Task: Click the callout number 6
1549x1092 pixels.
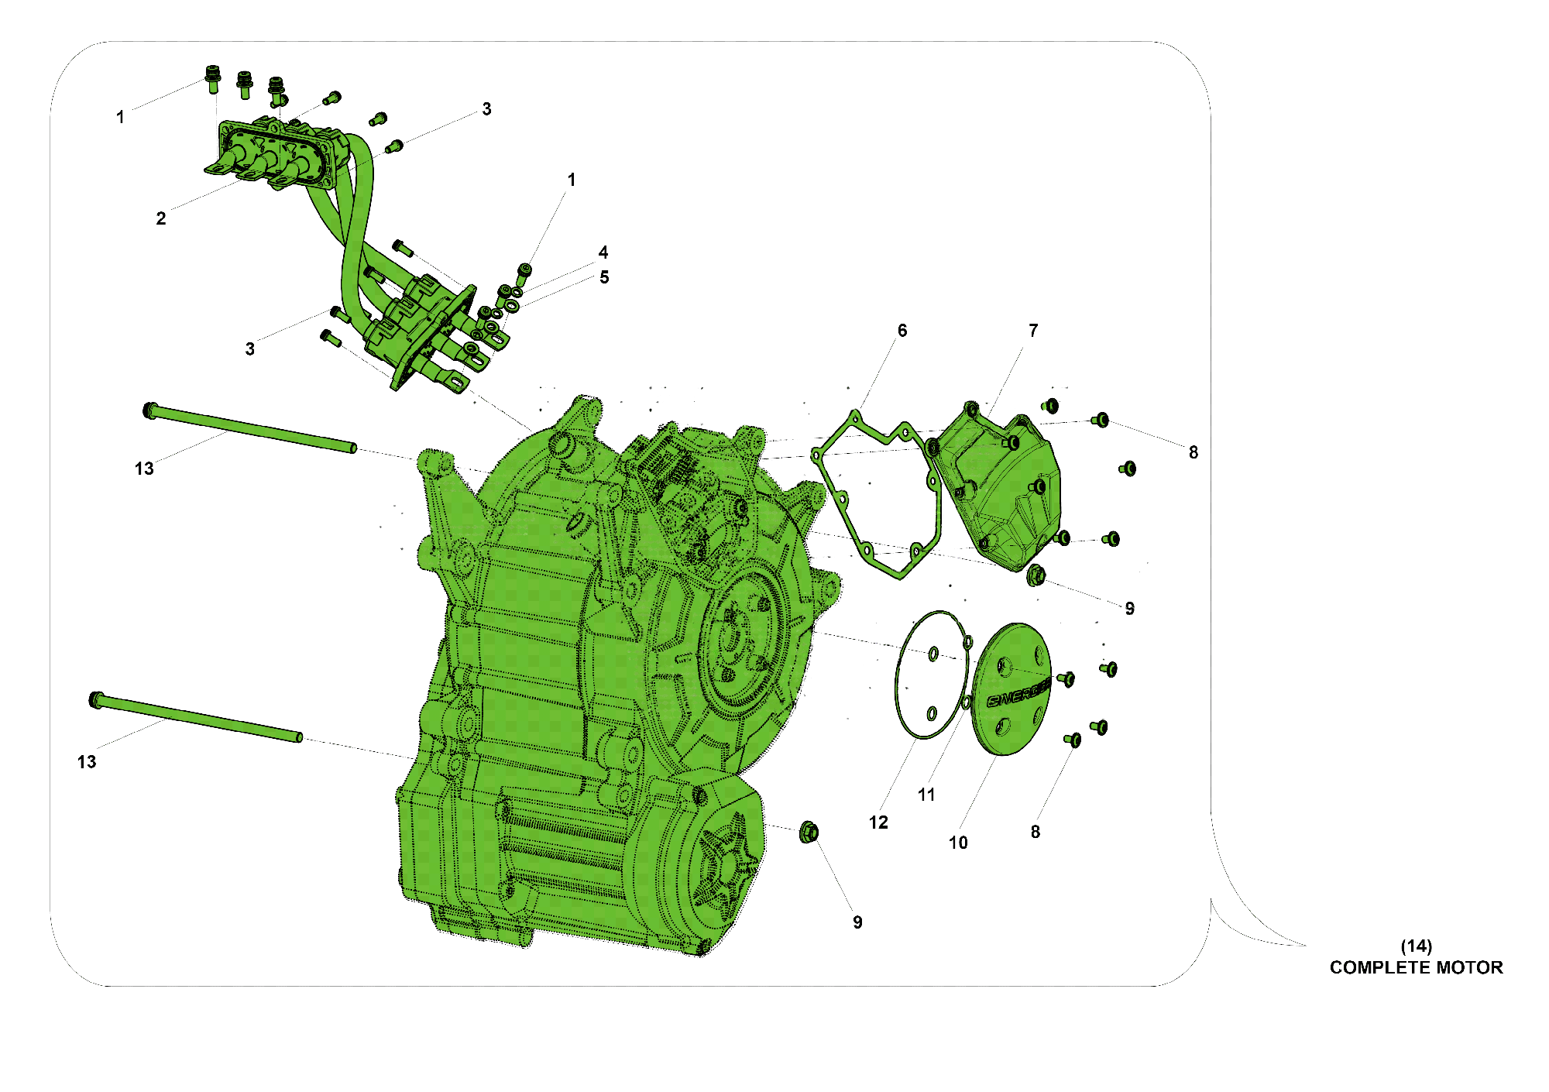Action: click(902, 331)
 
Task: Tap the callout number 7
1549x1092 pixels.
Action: click(1033, 331)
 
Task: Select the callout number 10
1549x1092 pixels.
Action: click(958, 843)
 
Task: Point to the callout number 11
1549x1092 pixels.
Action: click(926, 795)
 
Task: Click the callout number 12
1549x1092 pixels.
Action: click(878, 822)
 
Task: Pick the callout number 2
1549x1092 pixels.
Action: click(161, 218)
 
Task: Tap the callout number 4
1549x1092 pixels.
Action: click(603, 252)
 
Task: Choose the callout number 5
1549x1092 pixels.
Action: click(604, 277)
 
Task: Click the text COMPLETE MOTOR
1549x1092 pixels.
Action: click(1416, 967)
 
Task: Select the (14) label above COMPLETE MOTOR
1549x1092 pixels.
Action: click(1416, 946)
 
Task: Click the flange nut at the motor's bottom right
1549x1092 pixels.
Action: click(809, 833)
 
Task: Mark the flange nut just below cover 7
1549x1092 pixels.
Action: click(1036, 575)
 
